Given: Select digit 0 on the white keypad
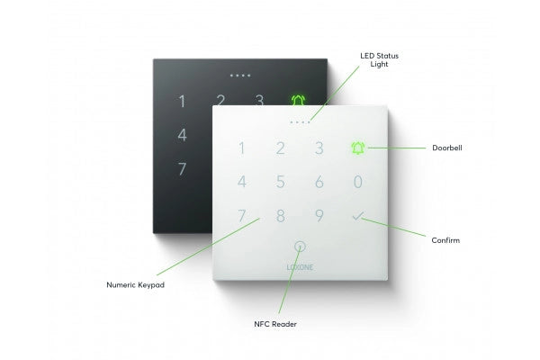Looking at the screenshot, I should click(x=358, y=182).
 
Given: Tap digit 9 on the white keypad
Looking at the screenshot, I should click(x=319, y=216).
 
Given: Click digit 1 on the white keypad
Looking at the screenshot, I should click(x=241, y=148).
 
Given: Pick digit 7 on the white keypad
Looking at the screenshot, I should click(x=241, y=216).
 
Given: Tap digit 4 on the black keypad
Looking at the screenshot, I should click(x=182, y=135).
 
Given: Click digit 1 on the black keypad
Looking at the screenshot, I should click(x=182, y=102).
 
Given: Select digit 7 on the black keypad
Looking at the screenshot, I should click(x=182, y=168).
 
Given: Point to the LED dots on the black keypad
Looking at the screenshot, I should click(x=240, y=76).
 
